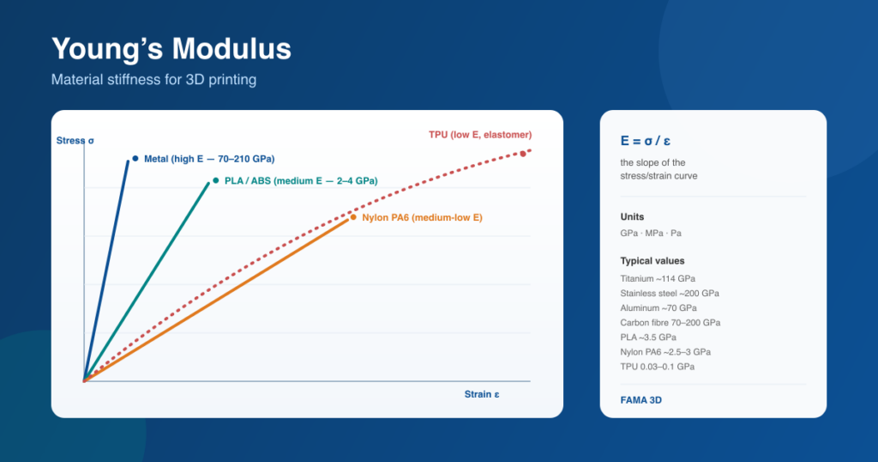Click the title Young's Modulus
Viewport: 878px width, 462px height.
tap(171, 49)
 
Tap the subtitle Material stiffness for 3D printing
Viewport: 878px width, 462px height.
tap(154, 80)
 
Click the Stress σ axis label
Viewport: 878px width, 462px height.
tap(75, 141)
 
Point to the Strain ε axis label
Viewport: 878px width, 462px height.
tap(482, 394)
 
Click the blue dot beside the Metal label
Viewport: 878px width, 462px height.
tap(135, 159)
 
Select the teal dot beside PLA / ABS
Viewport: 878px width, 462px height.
tap(215, 180)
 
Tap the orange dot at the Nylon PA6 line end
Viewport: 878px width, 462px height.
tap(353, 217)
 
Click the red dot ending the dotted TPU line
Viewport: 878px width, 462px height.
tap(523, 154)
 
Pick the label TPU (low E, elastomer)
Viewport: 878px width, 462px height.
tap(480, 135)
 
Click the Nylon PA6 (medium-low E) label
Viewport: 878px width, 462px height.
tap(422, 217)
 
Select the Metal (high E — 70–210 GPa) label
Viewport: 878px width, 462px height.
tap(209, 159)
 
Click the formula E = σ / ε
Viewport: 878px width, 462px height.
tap(645, 141)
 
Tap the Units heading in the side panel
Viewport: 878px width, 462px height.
tap(632, 217)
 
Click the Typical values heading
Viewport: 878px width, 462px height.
tap(652, 261)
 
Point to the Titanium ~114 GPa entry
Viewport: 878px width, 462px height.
tap(658, 278)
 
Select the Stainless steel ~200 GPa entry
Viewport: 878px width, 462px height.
tap(670, 293)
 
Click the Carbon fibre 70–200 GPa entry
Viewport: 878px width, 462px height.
tap(671, 322)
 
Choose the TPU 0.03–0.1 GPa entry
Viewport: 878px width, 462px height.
tap(658, 367)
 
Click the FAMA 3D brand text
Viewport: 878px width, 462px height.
tap(641, 400)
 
